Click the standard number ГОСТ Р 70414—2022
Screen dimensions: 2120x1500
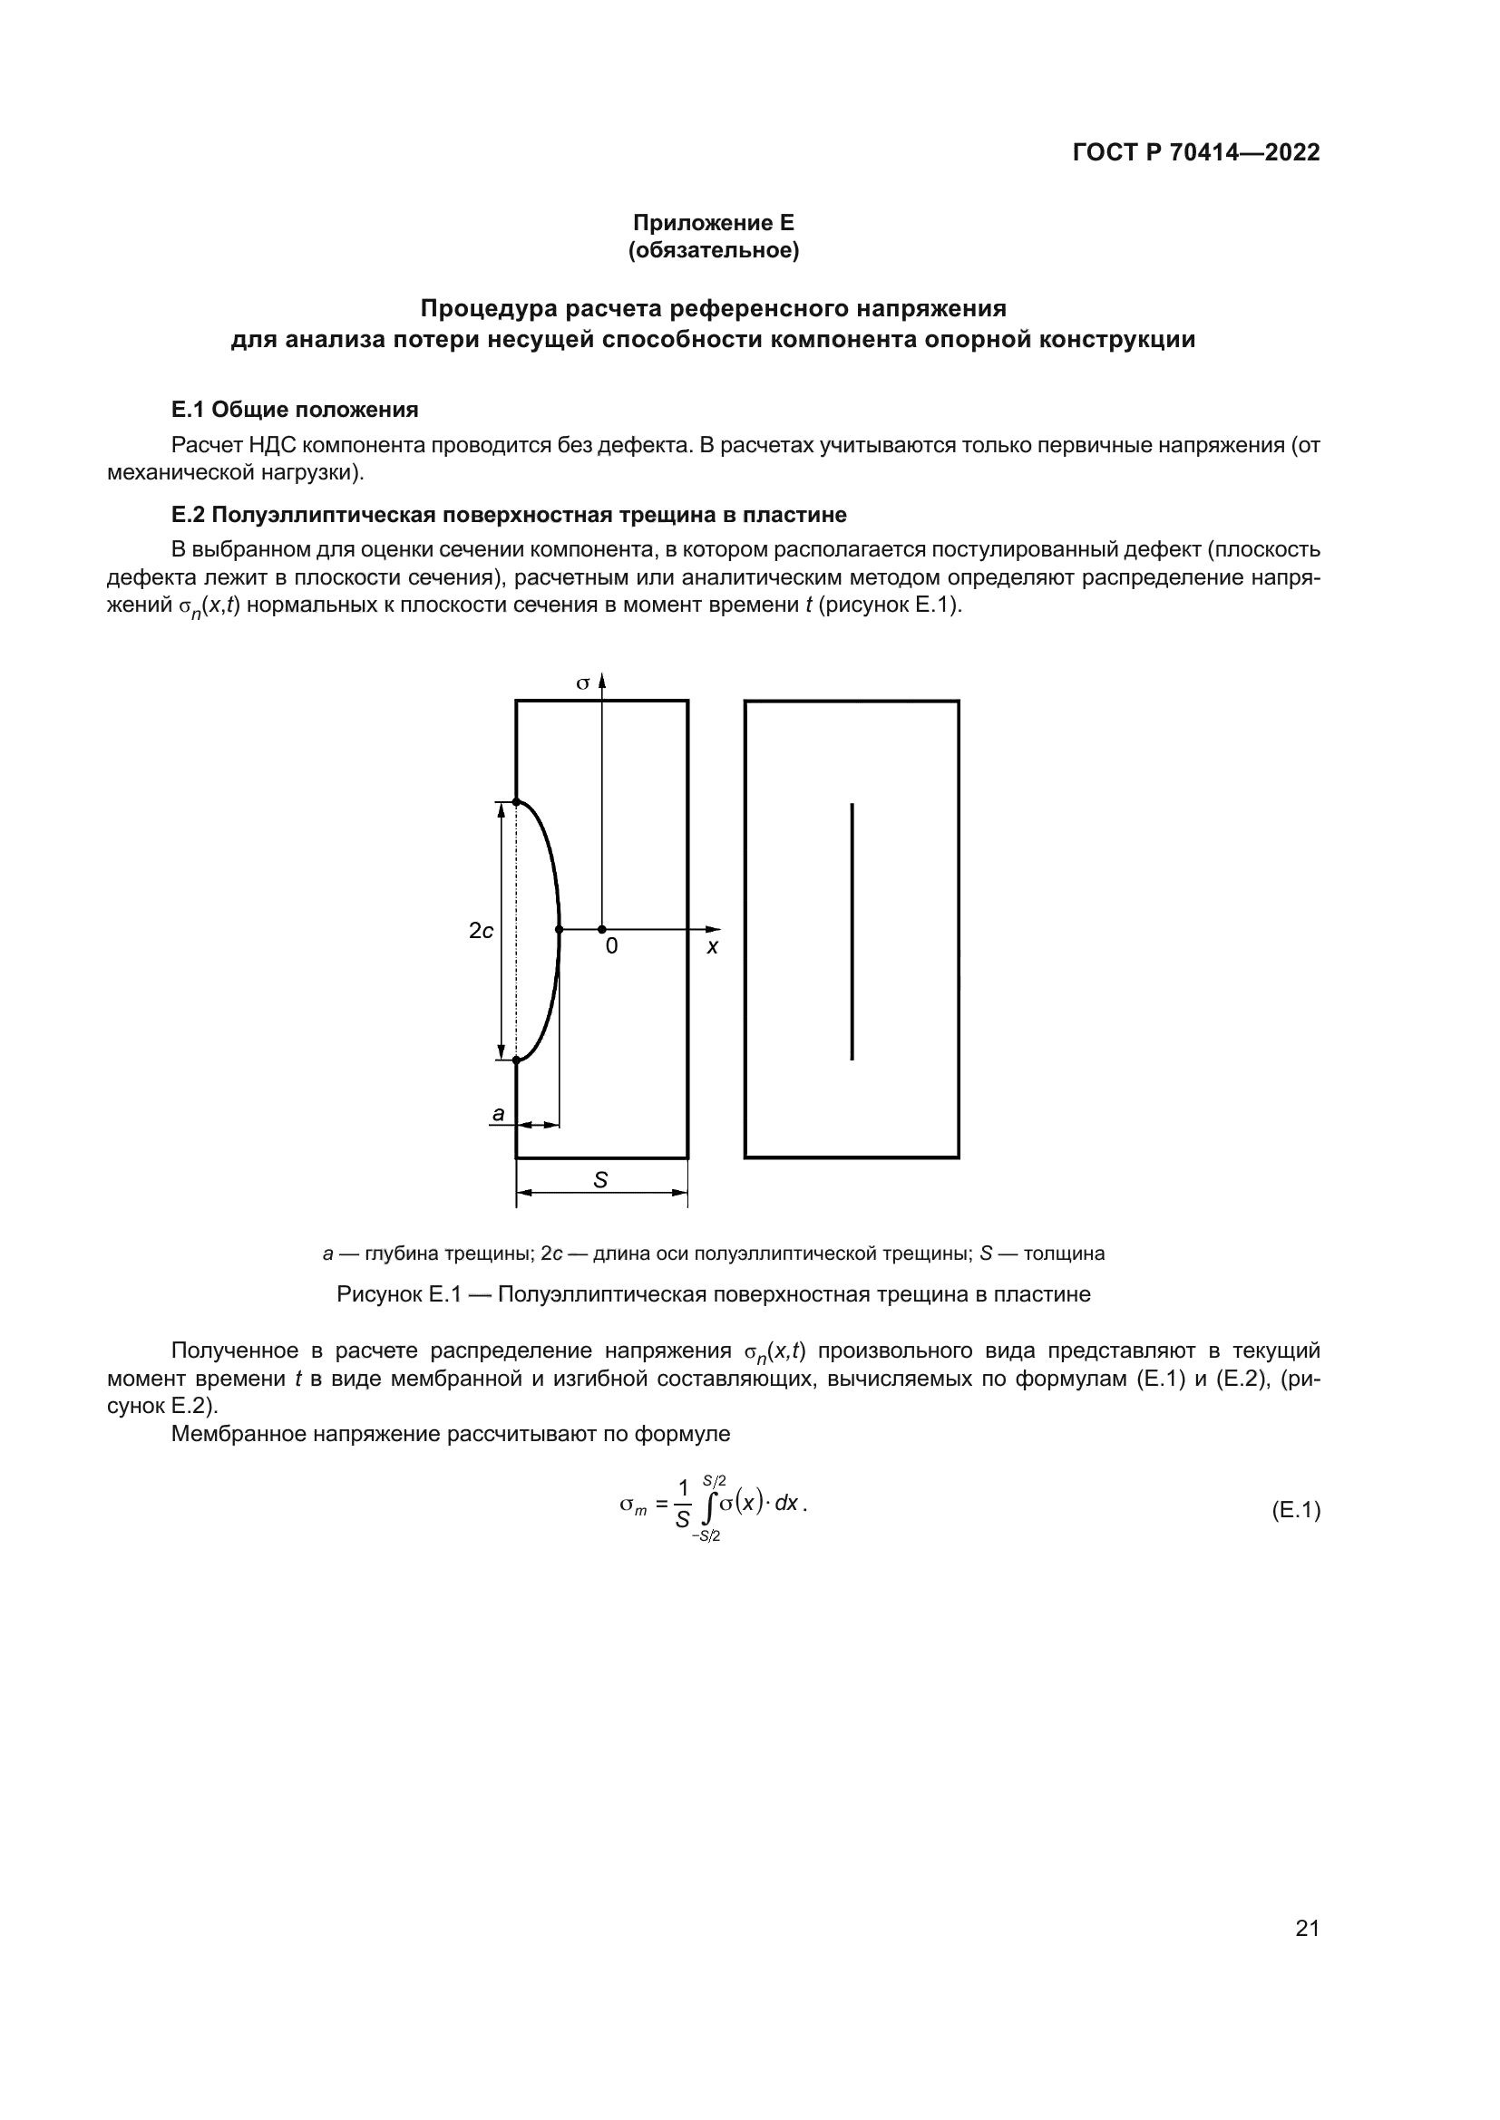coord(1196,152)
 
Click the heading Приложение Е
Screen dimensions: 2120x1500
coord(713,223)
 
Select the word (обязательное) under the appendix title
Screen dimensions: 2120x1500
coord(713,250)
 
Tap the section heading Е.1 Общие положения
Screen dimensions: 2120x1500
coord(295,409)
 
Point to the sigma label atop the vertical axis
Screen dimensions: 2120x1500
coord(583,684)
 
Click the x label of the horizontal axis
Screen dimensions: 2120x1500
coord(712,947)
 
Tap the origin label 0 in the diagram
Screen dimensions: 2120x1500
coord(611,946)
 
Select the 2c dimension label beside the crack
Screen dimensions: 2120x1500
coord(482,931)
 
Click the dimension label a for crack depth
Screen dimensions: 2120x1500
coord(499,1115)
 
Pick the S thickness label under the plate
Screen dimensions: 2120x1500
coord(600,1180)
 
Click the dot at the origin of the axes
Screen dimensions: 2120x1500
coord(602,929)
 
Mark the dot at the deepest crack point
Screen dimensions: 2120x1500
coord(560,929)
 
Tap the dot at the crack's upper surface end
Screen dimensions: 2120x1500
coord(516,801)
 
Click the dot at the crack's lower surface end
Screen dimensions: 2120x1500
coord(516,1060)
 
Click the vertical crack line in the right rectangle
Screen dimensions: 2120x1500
coord(852,931)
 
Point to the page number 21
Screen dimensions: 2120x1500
coord(1307,1928)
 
